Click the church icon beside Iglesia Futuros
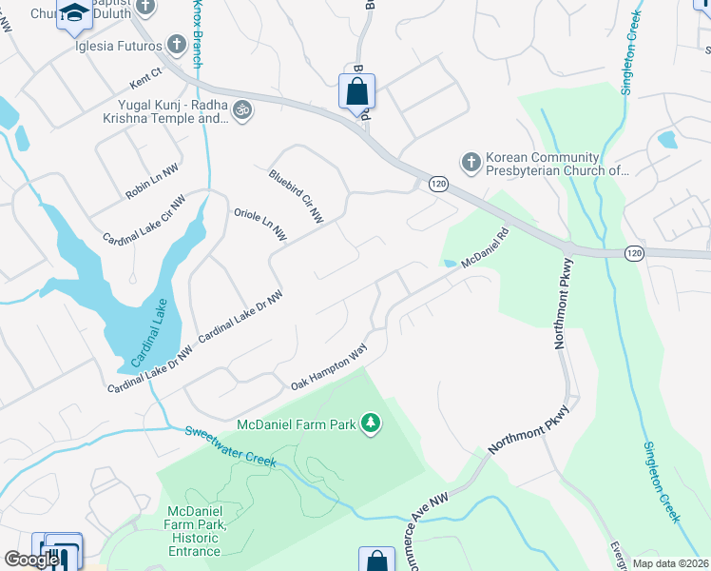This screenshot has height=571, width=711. tap(176, 44)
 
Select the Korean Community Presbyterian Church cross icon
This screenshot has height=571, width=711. tap(471, 163)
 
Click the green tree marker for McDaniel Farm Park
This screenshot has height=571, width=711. tap(372, 423)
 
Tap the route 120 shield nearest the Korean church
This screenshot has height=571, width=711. tap(437, 183)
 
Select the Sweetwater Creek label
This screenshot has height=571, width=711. tap(230, 446)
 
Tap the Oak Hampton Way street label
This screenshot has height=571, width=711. tap(329, 367)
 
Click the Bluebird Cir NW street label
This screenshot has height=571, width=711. tap(296, 196)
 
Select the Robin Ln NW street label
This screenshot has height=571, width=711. tap(152, 182)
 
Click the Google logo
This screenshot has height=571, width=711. tap(31, 560)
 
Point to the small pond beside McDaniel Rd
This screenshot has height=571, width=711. tap(448, 263)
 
